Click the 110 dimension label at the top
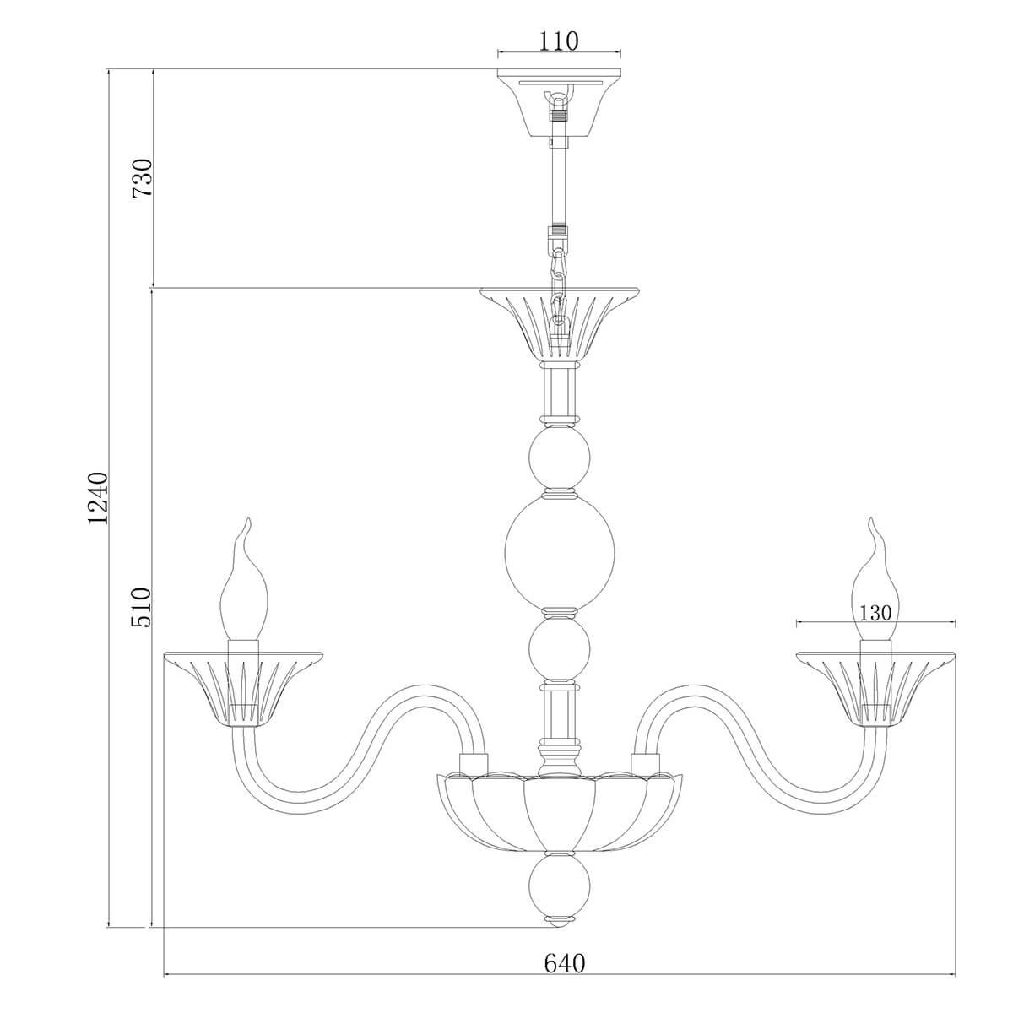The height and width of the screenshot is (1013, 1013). pos(558,41)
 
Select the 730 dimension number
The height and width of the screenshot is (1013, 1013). pos(143,177)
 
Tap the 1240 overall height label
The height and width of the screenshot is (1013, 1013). pos(98,498)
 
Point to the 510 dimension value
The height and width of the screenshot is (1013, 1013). pos(142,608)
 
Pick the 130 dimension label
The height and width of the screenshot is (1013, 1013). pos(875,613)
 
